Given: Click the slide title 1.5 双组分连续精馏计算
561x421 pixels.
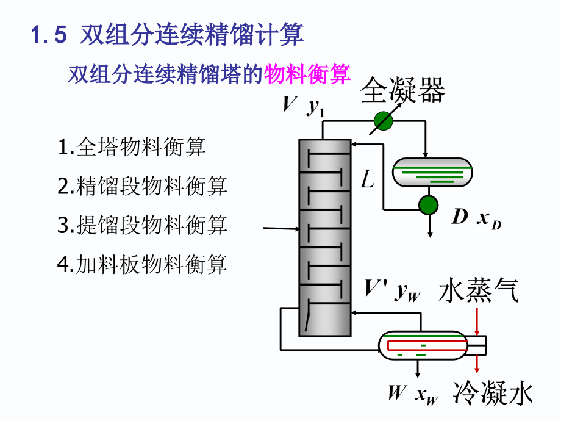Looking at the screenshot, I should pos(167,35).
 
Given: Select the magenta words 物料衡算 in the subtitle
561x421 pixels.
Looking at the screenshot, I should pos(307,74).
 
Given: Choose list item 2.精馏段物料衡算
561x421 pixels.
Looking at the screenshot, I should pos(142,186).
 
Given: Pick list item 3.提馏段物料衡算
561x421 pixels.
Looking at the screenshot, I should pos(142,225).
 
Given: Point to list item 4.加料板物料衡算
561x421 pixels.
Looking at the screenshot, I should pos(142,264).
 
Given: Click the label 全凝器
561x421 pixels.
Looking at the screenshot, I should pos(402,91).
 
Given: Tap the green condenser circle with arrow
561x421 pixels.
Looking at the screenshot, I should pos(384,121).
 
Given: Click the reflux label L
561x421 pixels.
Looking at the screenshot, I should pos(366,181).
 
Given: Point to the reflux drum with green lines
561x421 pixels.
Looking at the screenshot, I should pos(432,173).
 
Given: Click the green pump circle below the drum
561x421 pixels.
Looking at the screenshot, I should pos(429,204).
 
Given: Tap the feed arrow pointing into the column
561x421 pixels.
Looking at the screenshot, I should pos(280,229).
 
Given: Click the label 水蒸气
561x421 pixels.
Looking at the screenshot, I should pos(479,292).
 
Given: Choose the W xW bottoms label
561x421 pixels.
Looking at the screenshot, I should pos(412,394).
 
